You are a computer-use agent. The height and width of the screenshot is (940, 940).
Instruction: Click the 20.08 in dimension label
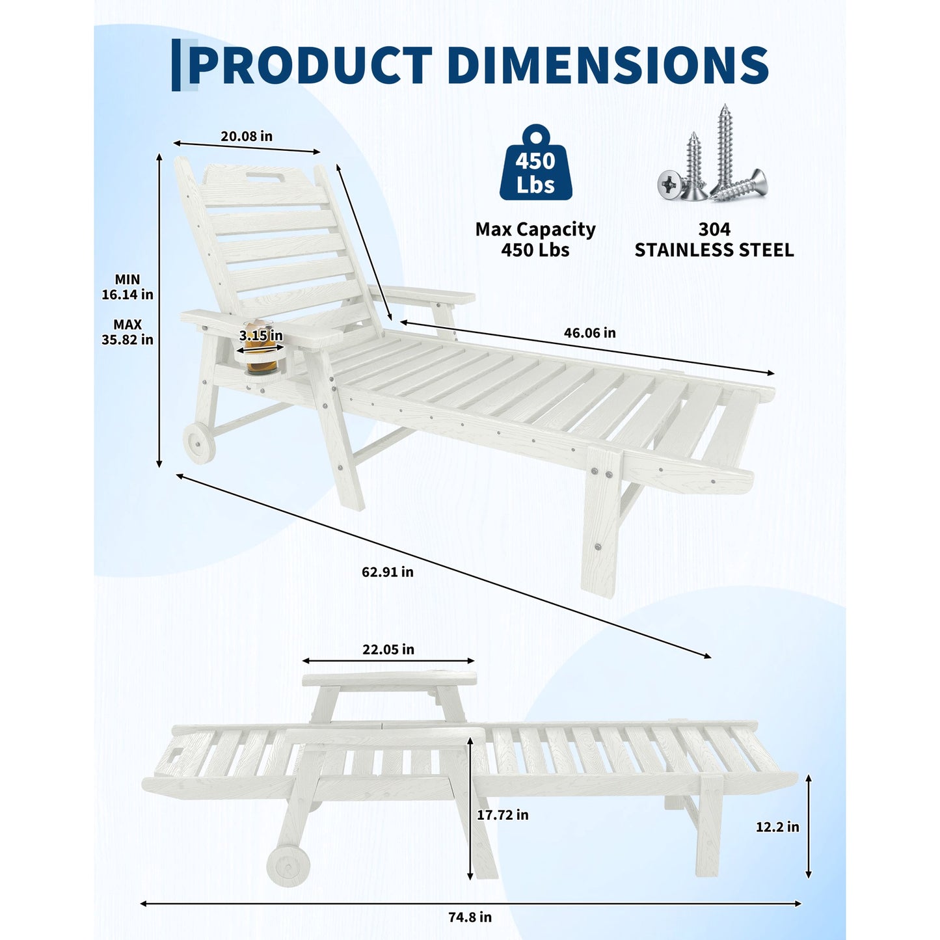247,136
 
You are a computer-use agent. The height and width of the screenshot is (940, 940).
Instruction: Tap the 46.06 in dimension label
590,332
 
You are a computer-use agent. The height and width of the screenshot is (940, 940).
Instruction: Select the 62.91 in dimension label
387,572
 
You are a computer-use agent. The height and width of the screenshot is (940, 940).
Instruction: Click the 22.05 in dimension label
388,649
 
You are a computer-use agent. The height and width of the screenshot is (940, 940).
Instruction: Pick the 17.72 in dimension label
502,814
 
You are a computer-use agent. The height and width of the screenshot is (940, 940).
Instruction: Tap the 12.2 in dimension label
777,827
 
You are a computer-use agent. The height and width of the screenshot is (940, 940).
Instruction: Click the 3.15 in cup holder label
260,336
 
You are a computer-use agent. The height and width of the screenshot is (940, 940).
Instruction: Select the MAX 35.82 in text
128,332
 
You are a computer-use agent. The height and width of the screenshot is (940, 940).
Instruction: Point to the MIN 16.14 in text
128,287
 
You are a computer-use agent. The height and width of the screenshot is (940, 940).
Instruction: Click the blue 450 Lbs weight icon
535,162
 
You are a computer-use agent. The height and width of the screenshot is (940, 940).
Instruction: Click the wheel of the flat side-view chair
288,866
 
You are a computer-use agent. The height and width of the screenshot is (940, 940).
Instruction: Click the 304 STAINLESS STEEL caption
714,239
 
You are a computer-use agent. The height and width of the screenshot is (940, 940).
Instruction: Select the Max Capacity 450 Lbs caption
535,239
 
